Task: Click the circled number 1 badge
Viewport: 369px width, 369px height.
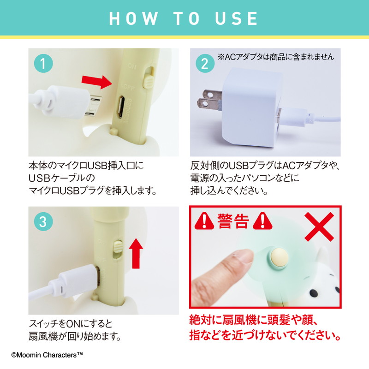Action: (x=43, y=63)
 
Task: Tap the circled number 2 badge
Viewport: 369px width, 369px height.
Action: (x=205, y=63)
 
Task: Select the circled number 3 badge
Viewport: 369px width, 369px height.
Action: (x=43, y=222)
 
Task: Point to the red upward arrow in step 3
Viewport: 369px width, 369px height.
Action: (x=136, y=253)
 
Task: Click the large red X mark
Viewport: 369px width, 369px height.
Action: (x=319, y=226)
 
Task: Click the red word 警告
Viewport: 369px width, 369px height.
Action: (x=233, y=221)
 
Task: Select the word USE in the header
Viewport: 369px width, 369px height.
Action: (x=237, y=18)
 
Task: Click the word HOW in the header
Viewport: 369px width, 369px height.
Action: (x=133, y=18)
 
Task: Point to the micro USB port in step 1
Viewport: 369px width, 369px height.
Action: (x=121, y=107)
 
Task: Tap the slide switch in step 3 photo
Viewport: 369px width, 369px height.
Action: (x=117, y=249)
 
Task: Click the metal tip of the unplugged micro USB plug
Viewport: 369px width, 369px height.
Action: (x=93, y=106)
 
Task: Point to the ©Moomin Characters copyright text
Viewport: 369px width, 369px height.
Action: (x=48, y=355)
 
